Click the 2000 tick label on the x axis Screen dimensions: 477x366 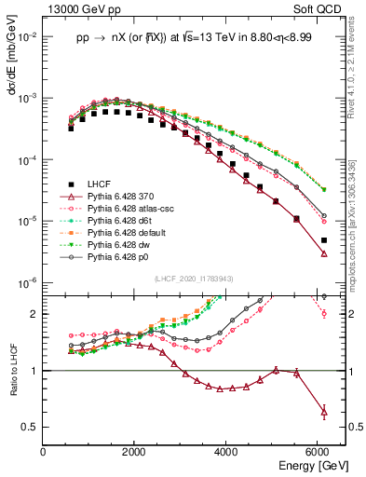pos(135,451)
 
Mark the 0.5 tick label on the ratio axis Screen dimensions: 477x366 pos(31,427)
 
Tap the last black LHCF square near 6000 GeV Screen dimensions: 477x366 pos(323,240)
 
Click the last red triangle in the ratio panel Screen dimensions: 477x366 pos(323,411)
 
